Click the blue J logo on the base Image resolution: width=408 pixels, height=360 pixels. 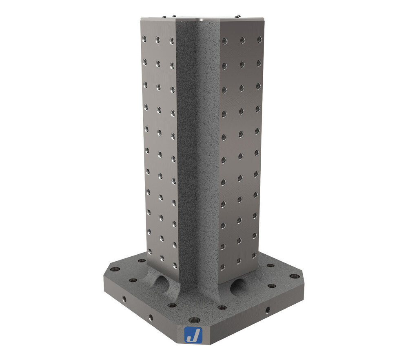(192, 335)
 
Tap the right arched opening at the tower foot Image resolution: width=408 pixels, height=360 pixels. (238, 287)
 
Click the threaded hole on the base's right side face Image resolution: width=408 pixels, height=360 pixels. (268, 310)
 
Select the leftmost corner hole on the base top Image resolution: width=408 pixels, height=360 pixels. (116, 270)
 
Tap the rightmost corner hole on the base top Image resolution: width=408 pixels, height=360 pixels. (293, 276)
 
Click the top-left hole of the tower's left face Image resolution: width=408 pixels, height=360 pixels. (144, 39)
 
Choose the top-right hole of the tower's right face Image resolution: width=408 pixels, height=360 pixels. (259, 39)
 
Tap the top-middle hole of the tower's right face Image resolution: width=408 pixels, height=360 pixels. (242, 40)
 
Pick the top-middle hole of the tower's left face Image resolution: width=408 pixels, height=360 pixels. (157, 40)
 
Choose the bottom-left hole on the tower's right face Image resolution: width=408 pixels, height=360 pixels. (223, 267)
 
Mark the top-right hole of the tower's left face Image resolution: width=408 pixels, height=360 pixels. (171, 40)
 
